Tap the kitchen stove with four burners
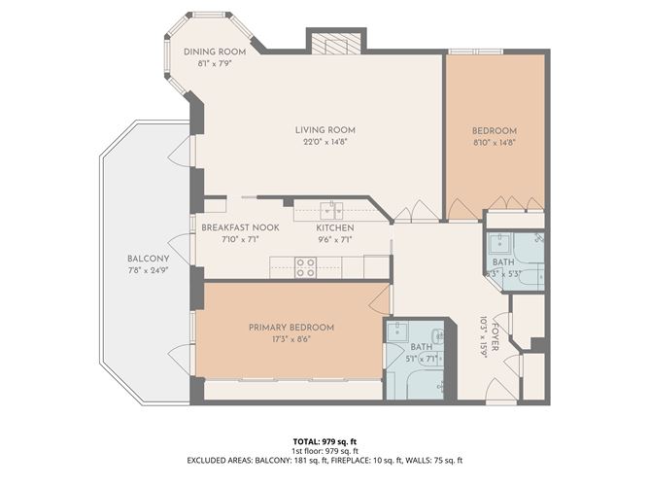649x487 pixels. click(x=305, y=266)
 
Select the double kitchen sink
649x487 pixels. click(x=333, y=209)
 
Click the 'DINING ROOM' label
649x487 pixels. click(x=215, y=52)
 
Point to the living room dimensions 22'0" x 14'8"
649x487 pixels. click(x=324, y=142)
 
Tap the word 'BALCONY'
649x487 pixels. click(x=148, y=259)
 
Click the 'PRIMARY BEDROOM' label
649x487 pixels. click(x=291, y=328)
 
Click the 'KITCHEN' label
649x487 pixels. click(x=333, y=227)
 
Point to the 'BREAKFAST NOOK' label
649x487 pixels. click(x=240, y=227)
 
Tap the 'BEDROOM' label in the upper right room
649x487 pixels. click(x=495, y=131)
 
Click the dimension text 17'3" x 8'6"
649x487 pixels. click(x=291, y=340)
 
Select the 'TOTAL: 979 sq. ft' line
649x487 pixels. click(x=324, y=441)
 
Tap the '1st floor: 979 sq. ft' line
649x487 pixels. click(x=324, y=451)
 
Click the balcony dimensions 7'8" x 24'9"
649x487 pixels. click(x=148, y=270)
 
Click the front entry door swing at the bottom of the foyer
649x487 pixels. click(x=499, y=391)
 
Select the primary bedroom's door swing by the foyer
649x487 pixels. click(x=380, y=297)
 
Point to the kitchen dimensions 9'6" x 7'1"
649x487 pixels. click(x=333, y=239)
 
